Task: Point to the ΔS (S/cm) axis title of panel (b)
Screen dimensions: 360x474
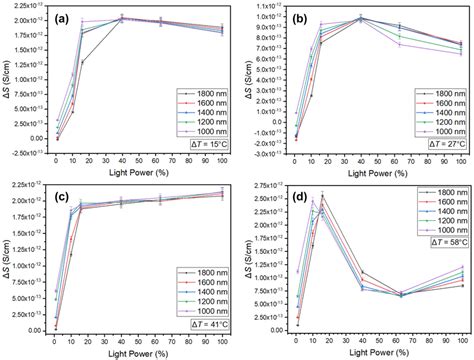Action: pyautogui.click(x=246, y=82)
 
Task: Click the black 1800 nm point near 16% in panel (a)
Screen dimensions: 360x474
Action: pyautogui.click(x=82, y=62)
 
